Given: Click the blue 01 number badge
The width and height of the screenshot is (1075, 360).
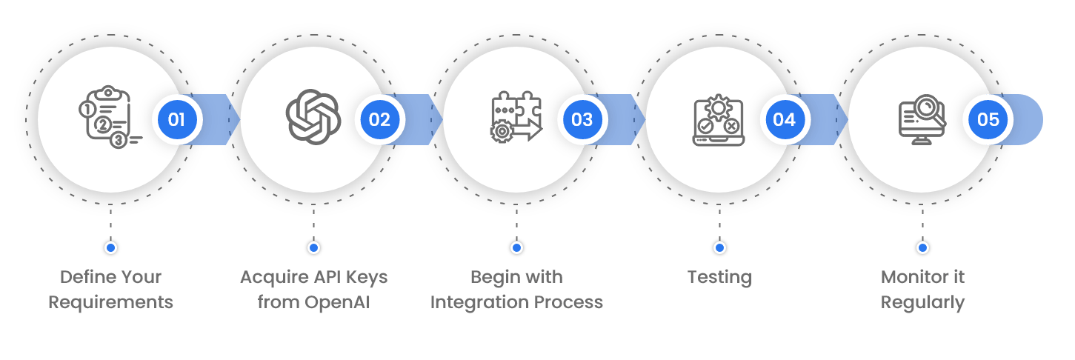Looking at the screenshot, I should pyautogui.click(x=177, y=119).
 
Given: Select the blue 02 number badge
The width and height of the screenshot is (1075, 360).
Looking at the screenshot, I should pyautogui.click(x=379, y=119).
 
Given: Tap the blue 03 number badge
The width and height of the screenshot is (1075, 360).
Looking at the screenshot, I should pyautogui.click(x=582, y=119).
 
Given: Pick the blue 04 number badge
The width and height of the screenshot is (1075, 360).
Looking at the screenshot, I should pyautogui.click(x=785, y=119).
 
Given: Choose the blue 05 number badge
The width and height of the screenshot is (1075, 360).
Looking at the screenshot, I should pyautogui.click(x=988, y=119).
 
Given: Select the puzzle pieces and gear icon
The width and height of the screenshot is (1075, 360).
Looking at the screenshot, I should pyautogui.click(x=516, y=117).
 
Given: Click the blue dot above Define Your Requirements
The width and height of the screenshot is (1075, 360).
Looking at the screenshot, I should pyautogui.click(x=110, y=247).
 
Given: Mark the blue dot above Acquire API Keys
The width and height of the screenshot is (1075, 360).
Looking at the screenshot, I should pyautogui.click(x=313, y=247).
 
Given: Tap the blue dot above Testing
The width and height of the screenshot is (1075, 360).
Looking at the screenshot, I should pyautogui.click(x=719, y=247).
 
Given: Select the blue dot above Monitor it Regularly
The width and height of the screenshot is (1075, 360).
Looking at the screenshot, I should pyautogui.click(x=922, y=247).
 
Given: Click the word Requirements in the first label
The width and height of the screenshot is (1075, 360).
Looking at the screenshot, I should pyautogui.click(x=110, y=302).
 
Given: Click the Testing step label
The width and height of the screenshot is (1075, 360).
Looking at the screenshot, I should pyautogui.click(x=719, y=278).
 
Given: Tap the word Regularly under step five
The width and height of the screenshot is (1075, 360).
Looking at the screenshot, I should pyautogui.click(x=922, y=302).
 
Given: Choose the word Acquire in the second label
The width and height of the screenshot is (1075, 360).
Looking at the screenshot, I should pyautogui.click(x=271, y=278).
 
